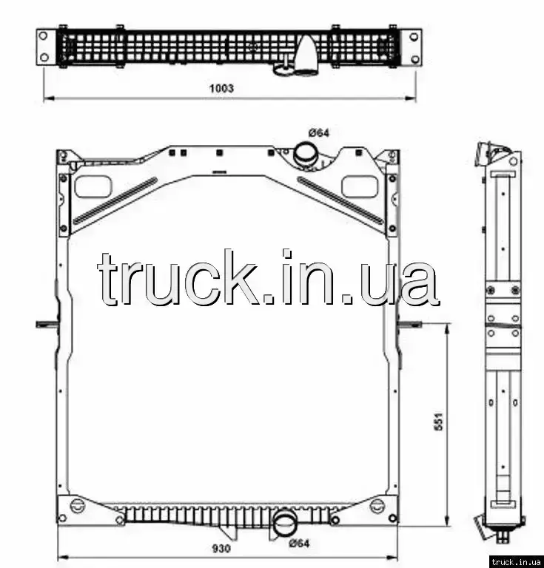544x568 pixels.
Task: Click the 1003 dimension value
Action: point(221,88)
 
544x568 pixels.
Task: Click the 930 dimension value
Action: point(221,549)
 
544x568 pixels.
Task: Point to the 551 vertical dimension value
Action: point(439,422)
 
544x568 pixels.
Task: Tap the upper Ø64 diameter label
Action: point(319,133)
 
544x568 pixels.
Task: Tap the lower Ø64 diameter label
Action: point(299,544)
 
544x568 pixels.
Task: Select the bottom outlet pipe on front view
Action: point(285,524)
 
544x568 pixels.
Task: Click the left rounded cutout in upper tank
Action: point(93,186)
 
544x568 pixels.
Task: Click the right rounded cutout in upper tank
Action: point(360,186)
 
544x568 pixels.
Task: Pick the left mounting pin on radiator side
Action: point(47,324)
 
